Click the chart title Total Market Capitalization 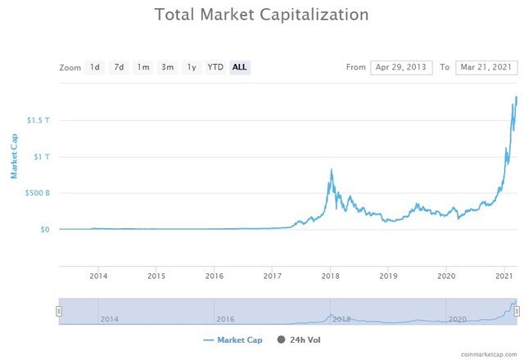(x=261, y=16)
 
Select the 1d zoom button (x=95, y=67)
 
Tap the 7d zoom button (x=119, y=67)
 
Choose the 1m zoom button (x=143, y=67)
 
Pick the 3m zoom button (x=167, y=67)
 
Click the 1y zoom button (x=192, y=67)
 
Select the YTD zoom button (x=215, y=67)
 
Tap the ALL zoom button (x=240, y=67)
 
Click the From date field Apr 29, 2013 (x=401, y=67)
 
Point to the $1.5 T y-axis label (x=38, y=120)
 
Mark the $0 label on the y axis (x=44, y=230)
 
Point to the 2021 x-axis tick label (x=504, y=276)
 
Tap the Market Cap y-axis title (x=14, y=156)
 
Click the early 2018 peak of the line (x=331, y=169)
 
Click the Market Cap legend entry (x=233, y=340)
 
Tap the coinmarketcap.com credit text (x=490, y=354)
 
